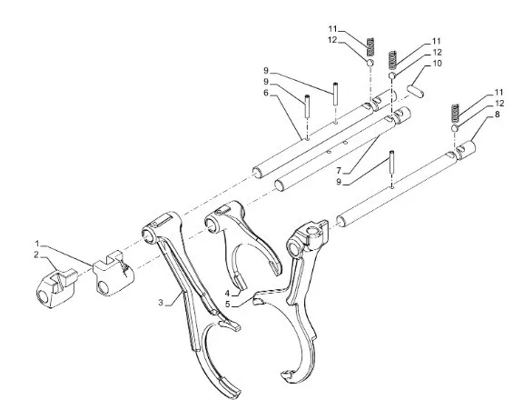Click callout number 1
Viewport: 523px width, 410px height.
tap(38, 244)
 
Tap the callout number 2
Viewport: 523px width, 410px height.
tap(36, 255)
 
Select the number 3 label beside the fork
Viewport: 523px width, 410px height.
tap(161, 303)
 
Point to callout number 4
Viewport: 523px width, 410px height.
tap(227, 293)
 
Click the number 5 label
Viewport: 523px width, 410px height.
tap(228, 305)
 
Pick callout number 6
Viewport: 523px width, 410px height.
tap(266, 93)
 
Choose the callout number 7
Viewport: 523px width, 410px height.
tap(339, 171)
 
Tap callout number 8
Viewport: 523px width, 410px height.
tap(498, 115)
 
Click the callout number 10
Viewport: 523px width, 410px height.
tap(437, 63)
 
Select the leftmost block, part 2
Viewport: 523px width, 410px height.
tap(55, 288)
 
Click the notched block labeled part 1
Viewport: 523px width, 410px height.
tap(113, 273)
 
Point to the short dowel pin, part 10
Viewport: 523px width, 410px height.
tap(416, 91)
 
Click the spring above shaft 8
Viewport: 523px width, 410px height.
tap(455, 113)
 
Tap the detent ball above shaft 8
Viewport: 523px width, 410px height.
tap(455, 128)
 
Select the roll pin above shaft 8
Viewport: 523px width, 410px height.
tap(392, 161)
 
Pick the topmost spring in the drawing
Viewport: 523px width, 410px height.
tap(370, 46)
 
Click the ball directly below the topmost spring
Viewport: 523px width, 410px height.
tap(370, 63)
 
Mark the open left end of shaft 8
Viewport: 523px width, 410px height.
tap(340, 221)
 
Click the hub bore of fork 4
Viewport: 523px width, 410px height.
tap(211, 224)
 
